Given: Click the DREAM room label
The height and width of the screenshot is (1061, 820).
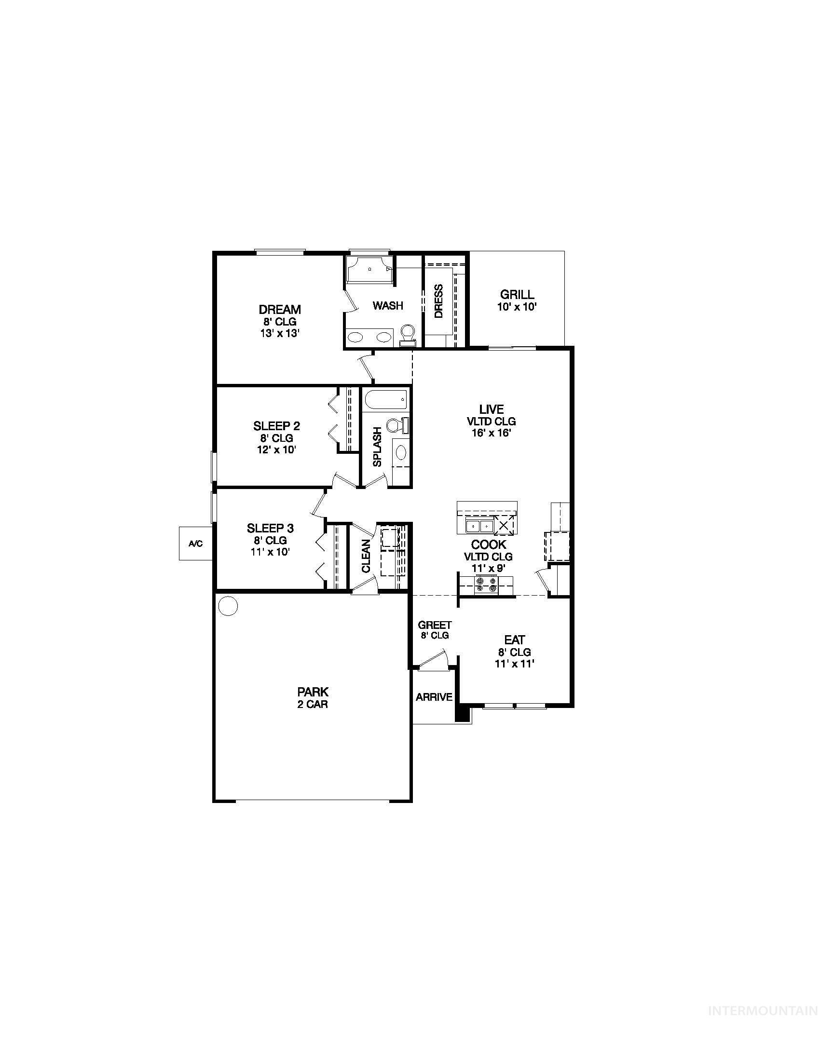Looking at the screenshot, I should [x=279, y=310].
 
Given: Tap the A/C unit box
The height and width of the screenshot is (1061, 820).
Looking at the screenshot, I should [x=195, y=543].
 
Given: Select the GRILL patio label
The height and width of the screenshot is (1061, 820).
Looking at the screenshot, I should [x=517, y=294].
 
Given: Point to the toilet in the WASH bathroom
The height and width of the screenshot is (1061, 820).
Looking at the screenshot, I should [x=407, y=334].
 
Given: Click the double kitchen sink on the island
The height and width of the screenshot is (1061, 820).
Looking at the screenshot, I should [x=479, y=526].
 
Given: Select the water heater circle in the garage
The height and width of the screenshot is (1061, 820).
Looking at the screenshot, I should [x=228, y=606].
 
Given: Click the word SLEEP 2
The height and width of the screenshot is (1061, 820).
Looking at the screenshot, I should [x=276, y=426].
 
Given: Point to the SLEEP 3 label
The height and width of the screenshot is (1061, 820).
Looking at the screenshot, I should [x=270, y=528].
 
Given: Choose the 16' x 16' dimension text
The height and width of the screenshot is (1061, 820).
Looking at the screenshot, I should [x=491, y=433].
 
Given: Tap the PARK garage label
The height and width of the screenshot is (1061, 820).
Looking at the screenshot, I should [x=313, y=691].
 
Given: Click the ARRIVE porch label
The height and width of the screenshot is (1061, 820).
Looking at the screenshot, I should [x=434, y=697].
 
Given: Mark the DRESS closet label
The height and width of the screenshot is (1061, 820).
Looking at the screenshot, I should [x=438, y=301].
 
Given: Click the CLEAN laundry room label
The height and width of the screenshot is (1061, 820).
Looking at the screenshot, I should [x=366, y=556].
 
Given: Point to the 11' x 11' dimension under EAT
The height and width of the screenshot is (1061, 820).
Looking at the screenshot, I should [x=515, y=664].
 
